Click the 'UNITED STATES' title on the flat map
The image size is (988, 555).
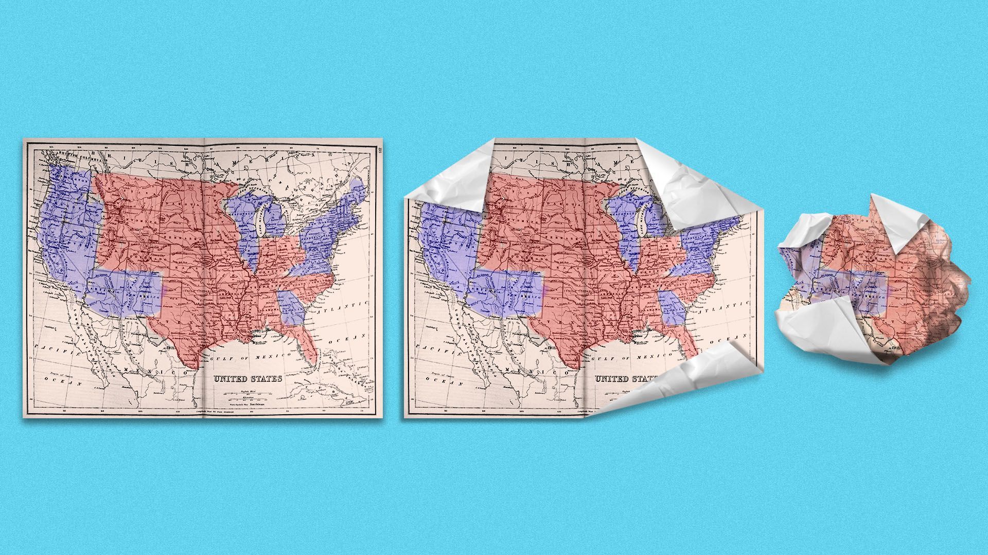[x=248, y=379]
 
